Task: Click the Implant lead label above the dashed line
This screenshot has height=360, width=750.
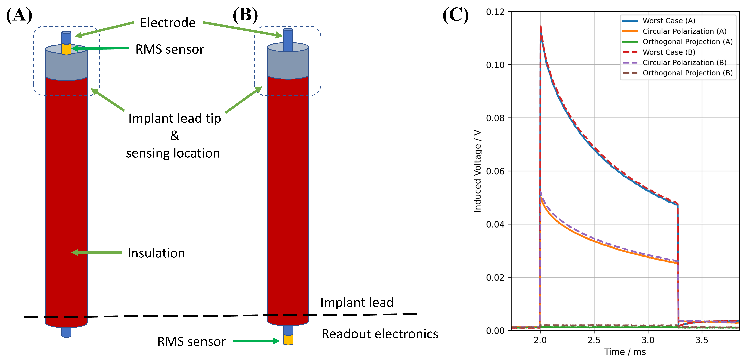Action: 357,302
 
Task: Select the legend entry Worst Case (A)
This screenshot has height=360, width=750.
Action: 669,21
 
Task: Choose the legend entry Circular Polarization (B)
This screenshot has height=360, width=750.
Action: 684,63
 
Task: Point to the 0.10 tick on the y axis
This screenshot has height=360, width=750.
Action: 495,65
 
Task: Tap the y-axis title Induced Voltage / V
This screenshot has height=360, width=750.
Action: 477,171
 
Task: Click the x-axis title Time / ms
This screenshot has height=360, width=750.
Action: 625,352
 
